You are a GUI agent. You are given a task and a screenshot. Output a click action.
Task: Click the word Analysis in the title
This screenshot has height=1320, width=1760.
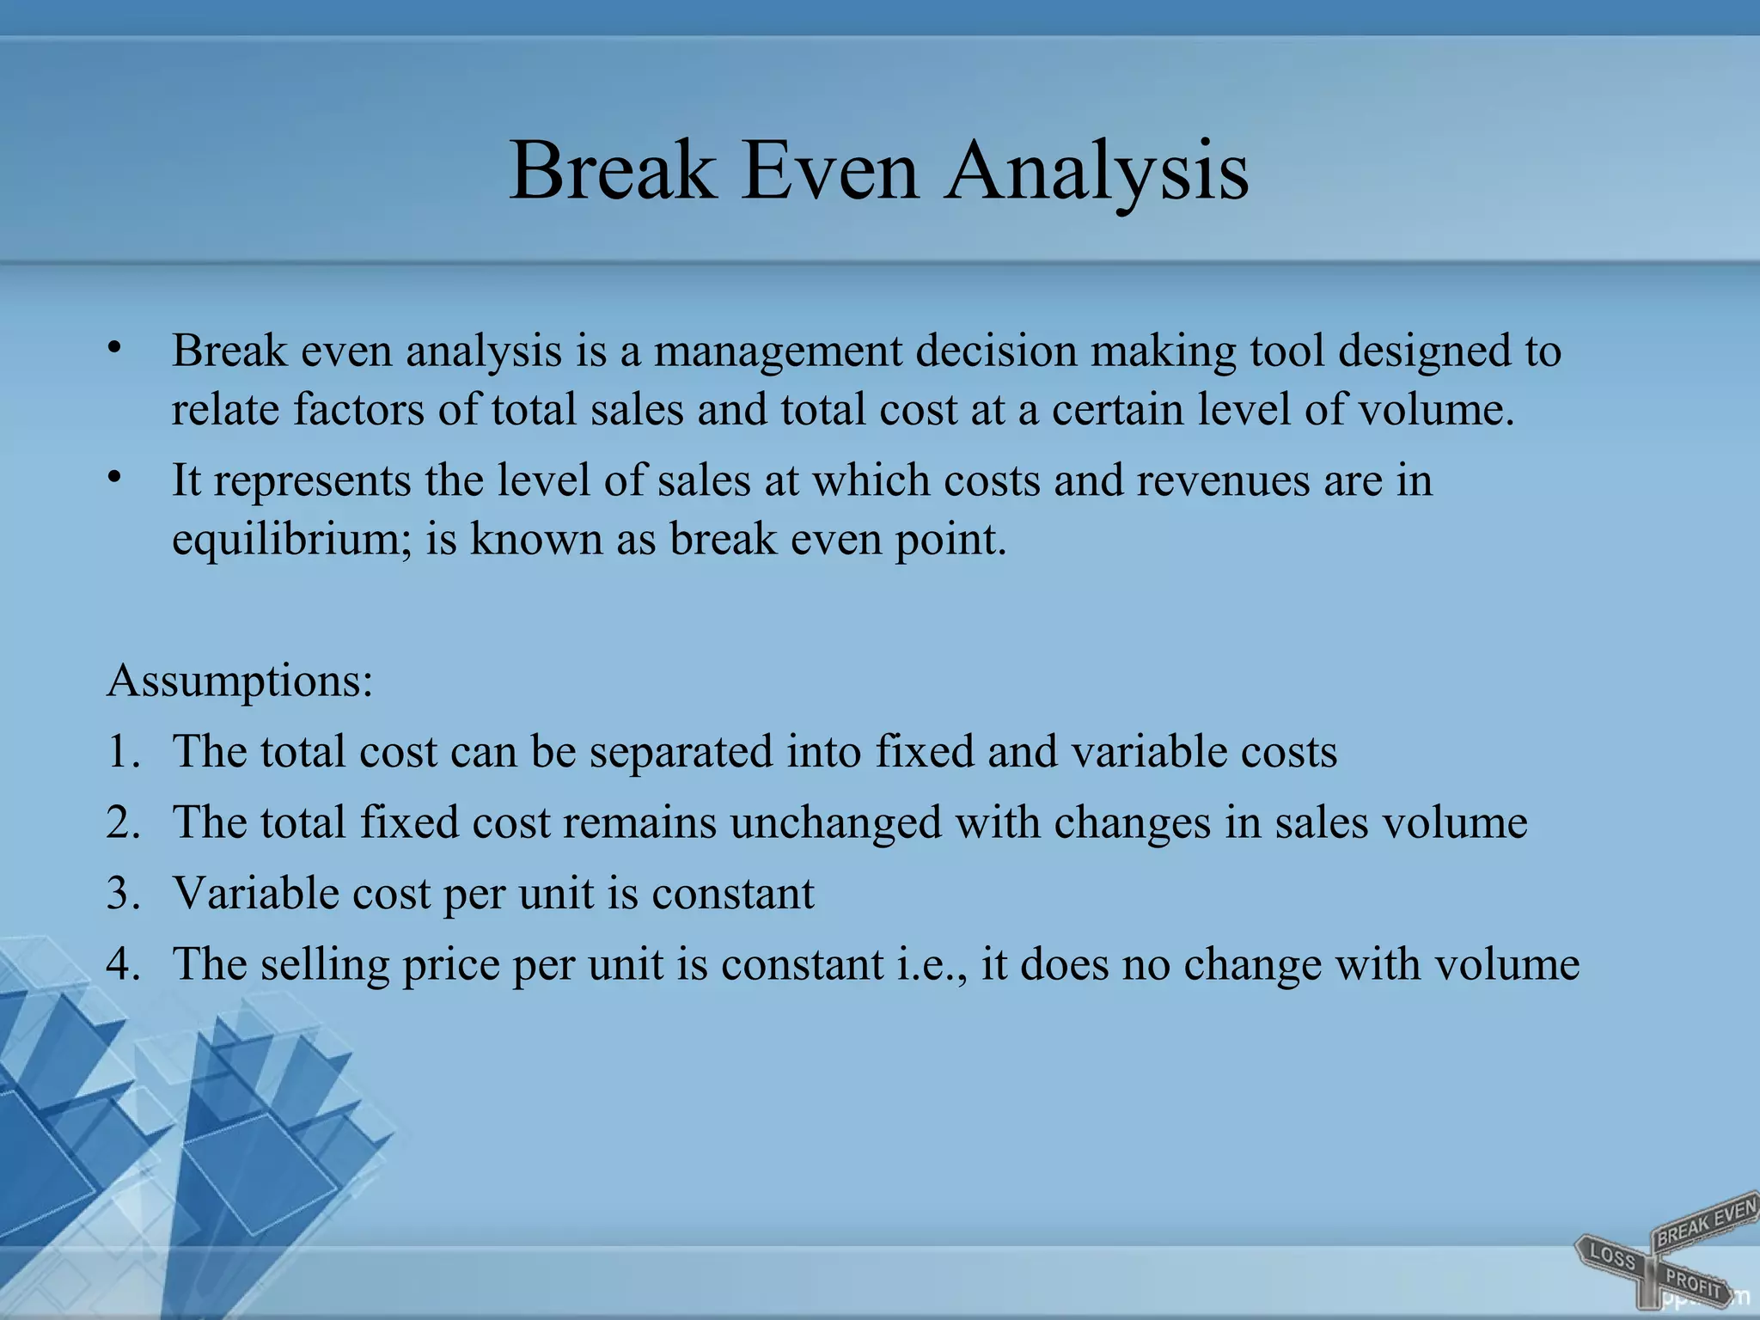[1097, 172]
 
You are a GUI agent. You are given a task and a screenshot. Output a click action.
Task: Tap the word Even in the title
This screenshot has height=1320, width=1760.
[829, 172]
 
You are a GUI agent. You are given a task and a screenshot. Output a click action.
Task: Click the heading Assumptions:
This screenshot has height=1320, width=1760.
[240, 681]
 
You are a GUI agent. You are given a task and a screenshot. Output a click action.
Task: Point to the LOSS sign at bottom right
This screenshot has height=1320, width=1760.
[1612, 1256]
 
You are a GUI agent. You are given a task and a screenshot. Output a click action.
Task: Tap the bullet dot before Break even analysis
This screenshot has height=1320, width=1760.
[114, 348]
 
